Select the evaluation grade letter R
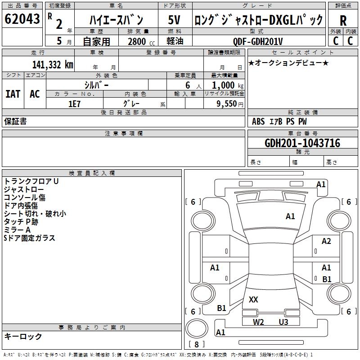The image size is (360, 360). pyautogui.click(x=343, y=21)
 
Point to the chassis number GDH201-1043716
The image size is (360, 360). pyautogui.click(x=302, y=143)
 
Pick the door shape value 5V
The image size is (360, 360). pyautogui.click(x=175, y=20)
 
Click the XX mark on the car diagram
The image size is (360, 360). pyautogui.click(x=253, y=299)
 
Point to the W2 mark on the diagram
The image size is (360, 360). pyautogui.click(x=258, y=322)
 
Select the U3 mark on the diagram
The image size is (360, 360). pyautogui.click(x=283, y=322)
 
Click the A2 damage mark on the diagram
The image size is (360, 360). pyautogui.click(x=326, y=241)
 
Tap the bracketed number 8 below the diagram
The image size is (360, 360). pyautogui.click(x=196, y=344)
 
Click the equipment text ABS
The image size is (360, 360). pyautogui.click(x=258, y=121)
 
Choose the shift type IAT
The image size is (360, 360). pyautogui.click(x=13, y=94)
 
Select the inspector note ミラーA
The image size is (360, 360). pyautogui.click(x=17, y=230)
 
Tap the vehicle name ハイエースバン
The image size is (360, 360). pyautogui.click(x=116, y=20)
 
